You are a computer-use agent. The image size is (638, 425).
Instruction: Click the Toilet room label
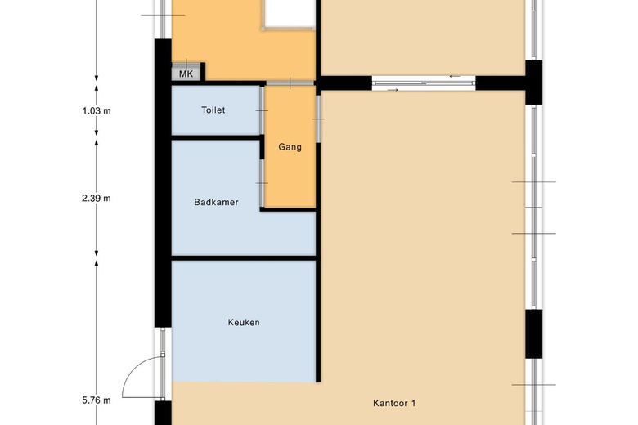click(213, 110)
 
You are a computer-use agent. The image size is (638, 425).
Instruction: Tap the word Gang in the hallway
click(290, 147)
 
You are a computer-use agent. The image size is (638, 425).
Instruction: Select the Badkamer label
click(216, 202)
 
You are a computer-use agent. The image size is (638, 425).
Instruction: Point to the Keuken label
click(244, 323)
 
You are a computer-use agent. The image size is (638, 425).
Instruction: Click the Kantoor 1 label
click(394, 404)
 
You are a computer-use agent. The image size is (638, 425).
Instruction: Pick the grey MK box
click(186, 74)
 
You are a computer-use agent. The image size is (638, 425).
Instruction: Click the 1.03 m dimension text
click(97, 110)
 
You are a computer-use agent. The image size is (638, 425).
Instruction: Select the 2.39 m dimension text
click(97, 199)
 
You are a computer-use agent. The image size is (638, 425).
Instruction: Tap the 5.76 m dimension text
click(97, 400)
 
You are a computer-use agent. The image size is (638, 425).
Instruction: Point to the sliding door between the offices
click(424, 83)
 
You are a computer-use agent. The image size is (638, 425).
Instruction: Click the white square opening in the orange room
click(290, 13)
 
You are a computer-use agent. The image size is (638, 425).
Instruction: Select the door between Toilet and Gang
click(263, 110)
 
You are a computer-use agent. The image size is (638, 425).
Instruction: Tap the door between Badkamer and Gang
click(263, 183)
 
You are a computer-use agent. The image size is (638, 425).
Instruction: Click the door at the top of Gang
click(290, 83)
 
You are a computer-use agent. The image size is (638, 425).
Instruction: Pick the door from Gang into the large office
click(319, 119)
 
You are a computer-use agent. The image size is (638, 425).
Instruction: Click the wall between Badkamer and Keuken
click(244, 258)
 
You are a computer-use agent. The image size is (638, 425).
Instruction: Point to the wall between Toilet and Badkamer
click(216, 138)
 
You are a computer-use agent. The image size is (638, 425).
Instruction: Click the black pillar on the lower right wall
click(533, 334)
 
